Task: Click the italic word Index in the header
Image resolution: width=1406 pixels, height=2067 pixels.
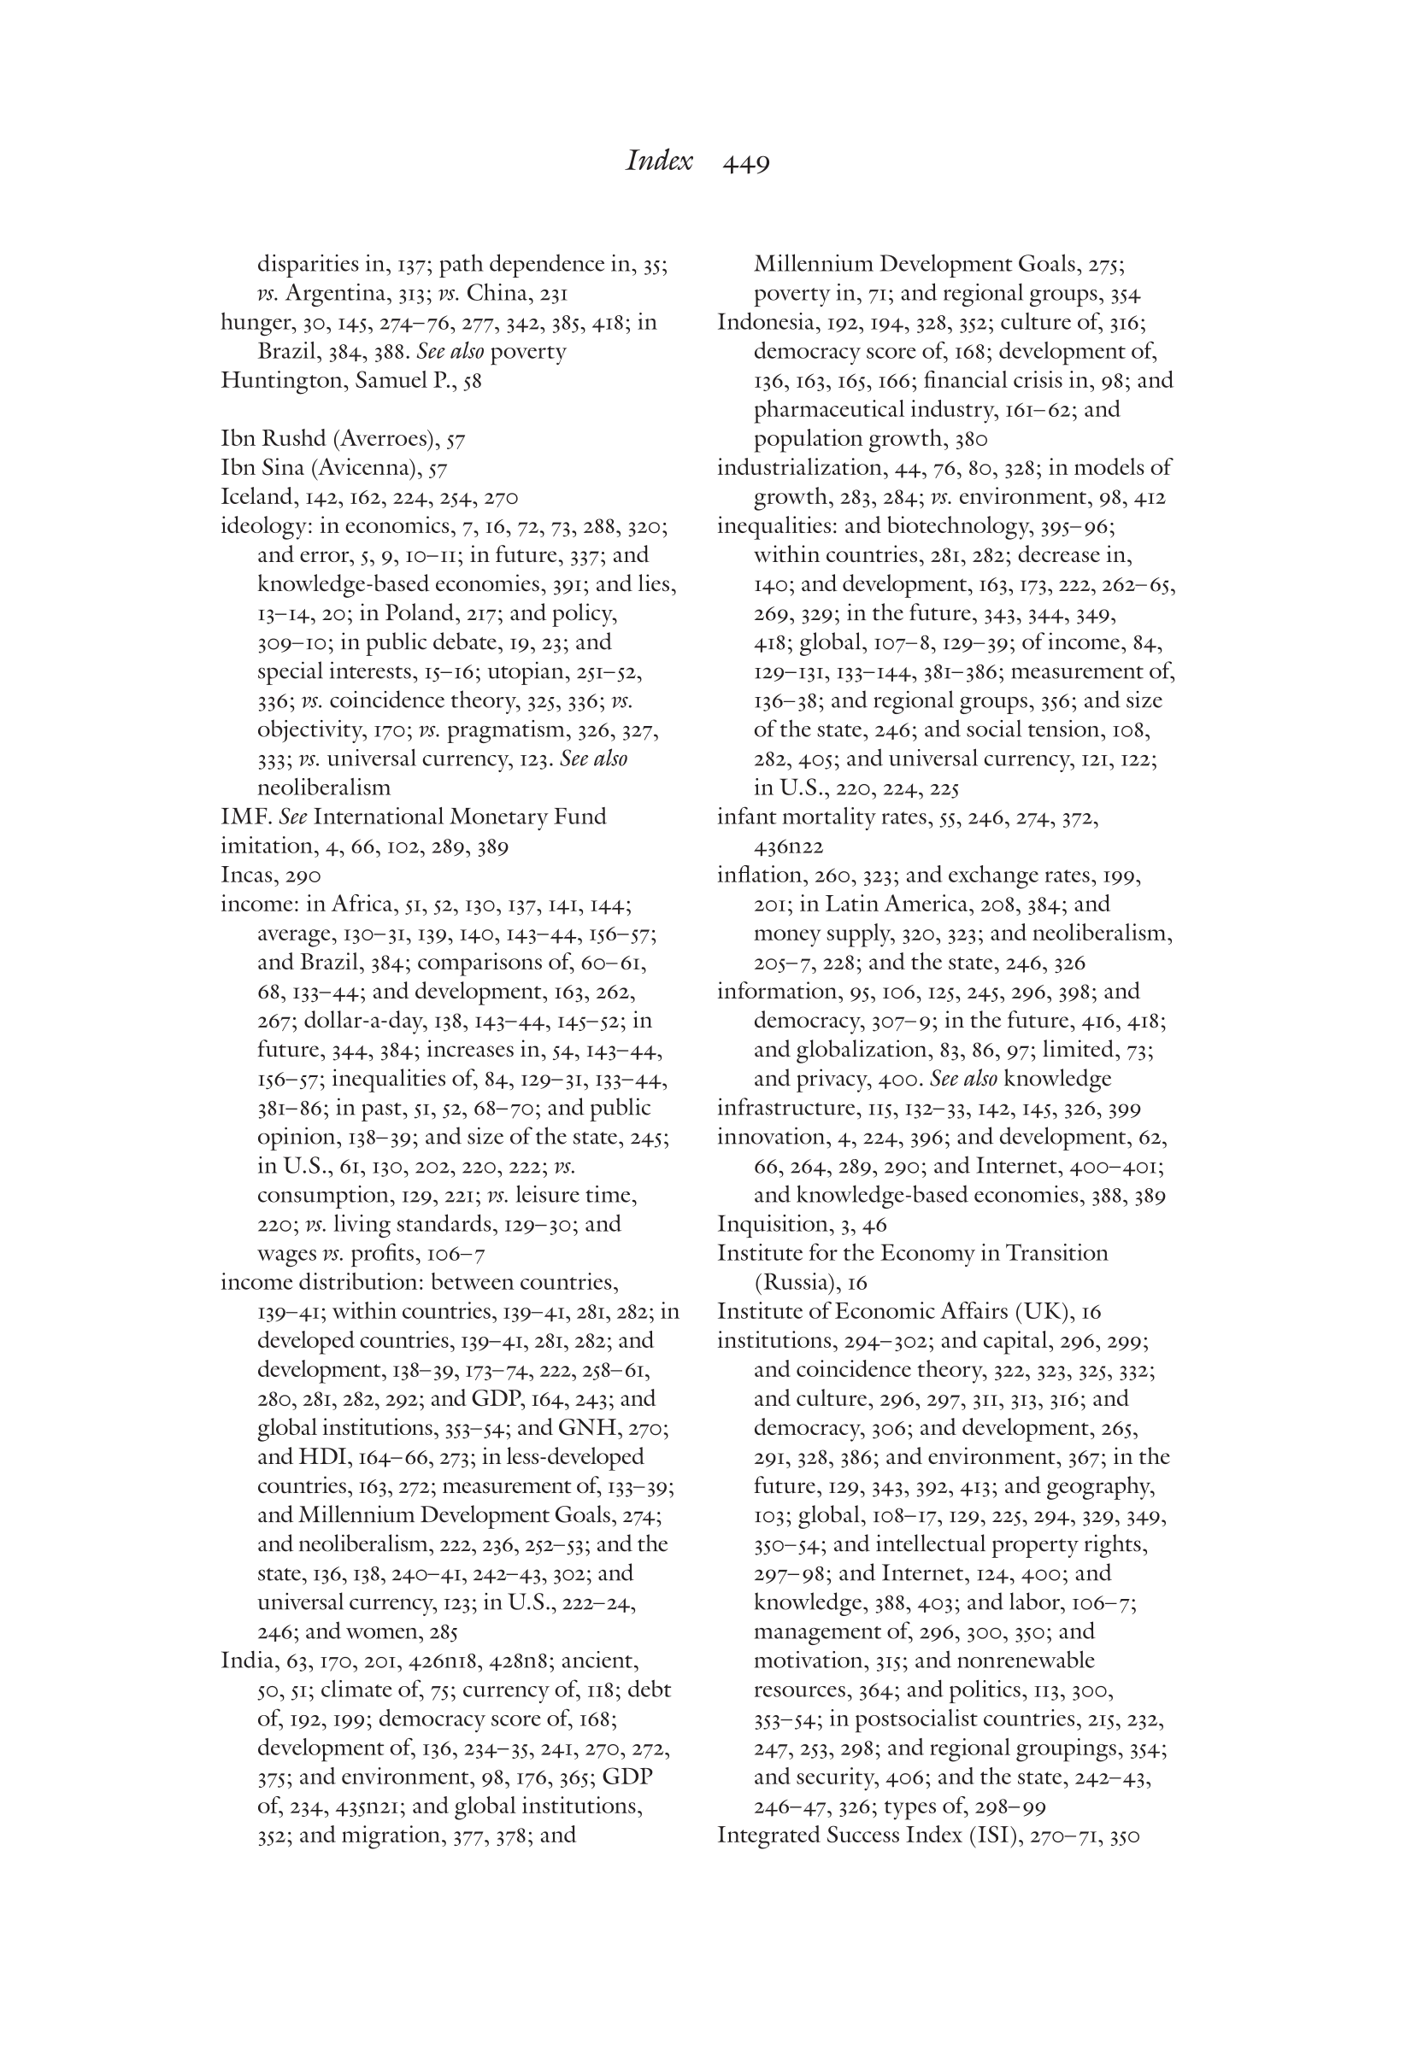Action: click(658, 161)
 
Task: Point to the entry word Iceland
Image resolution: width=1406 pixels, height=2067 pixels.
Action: click(258, 498)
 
